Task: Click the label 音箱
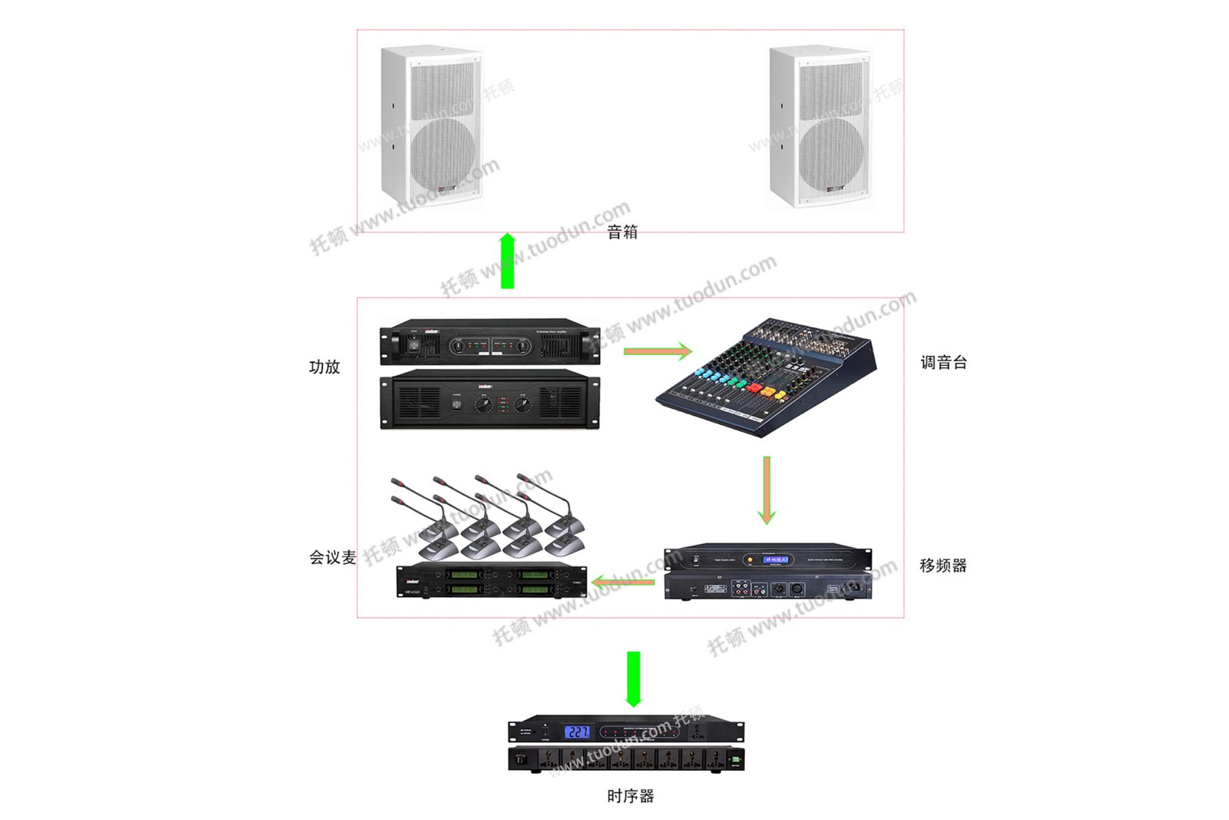tap(621, 232)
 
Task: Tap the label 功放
tap(324, 367)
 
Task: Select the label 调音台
tap(943, 362)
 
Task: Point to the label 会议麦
tap(332, 557)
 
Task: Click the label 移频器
tap(942, 566)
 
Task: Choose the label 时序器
tap(630, 796)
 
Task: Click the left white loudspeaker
tap(432, 127)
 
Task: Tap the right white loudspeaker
tap(820, 127)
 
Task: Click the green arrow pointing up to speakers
tap(507, 261)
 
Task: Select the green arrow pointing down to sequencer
tap(633, 679)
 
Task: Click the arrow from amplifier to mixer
tap(658, 352)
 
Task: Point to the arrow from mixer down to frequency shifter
tap(766, 490)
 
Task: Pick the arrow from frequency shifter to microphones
tap(624, 582)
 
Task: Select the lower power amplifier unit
tap(490, 400)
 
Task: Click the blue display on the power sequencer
tap(577, 732)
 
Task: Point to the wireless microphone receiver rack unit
tap(492, 581)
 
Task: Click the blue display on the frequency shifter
tap(775, 559)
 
